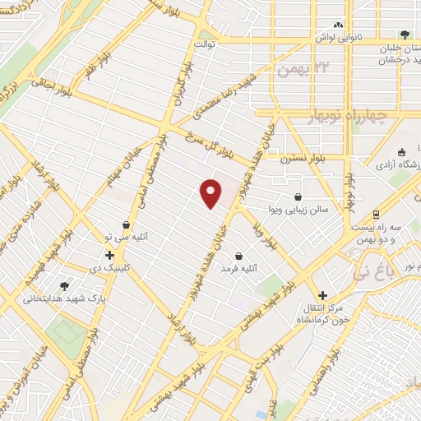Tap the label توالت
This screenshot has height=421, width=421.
[x=204, y=44]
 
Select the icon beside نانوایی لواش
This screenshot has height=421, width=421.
[x=339, y=25]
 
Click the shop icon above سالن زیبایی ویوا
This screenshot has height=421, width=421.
[x=297, y=197]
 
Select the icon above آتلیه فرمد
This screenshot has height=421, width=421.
[x=238, y=256]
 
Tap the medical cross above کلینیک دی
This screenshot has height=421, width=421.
[x=109, y=255]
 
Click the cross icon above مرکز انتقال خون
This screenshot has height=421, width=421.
[x=322, y=295]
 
